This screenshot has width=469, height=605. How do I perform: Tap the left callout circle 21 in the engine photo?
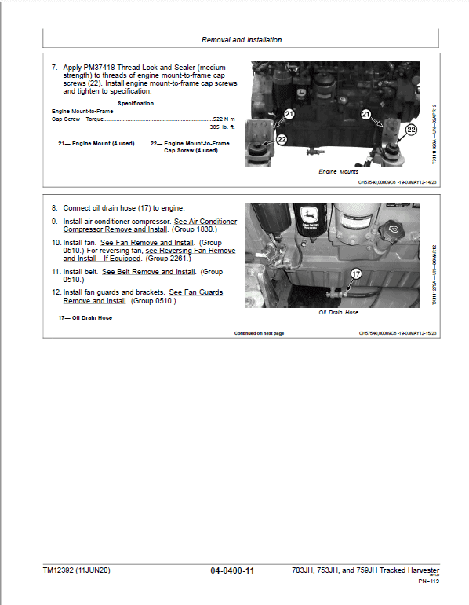[x=289, y=114]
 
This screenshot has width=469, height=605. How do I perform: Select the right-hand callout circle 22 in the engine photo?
[x=411, y=129]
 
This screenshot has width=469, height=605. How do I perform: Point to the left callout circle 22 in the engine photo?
[x=282, y=139]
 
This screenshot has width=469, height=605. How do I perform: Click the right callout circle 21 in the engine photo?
[x=366, y=114]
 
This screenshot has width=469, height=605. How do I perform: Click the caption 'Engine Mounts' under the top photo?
[x=338, y=171]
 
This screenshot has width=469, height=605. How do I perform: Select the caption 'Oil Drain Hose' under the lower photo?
[x=338, y=312]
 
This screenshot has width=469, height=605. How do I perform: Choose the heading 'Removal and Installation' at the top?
[x=241, y=39]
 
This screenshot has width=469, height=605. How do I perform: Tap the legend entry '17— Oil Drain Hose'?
[x=85, y=317]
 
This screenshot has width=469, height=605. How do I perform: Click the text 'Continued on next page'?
[x=259, y=333]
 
